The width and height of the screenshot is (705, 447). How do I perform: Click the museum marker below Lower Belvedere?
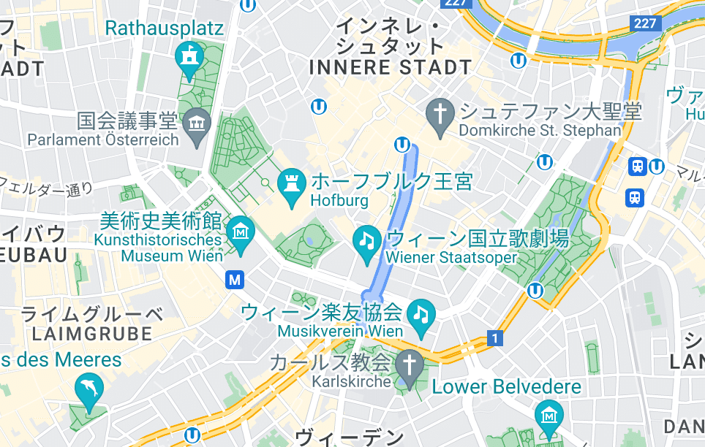click(x=548, y=416)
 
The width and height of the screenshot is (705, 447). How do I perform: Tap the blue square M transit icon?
click(x=235, y=278)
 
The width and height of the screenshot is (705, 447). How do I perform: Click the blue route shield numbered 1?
click(x=496, y=338)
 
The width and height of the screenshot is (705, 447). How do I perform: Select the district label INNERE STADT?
click(x=391, y=67)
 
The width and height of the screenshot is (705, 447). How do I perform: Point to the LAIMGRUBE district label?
click(x=92, y=334)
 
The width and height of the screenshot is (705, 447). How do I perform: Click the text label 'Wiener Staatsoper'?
click(x=450, y=257)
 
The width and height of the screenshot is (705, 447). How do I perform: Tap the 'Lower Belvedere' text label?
click(x=507, y=386)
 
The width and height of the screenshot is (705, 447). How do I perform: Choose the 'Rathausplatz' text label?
click(x=164, y=28)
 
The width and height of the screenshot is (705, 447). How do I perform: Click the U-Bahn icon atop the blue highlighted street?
click(x=402, y=144)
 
